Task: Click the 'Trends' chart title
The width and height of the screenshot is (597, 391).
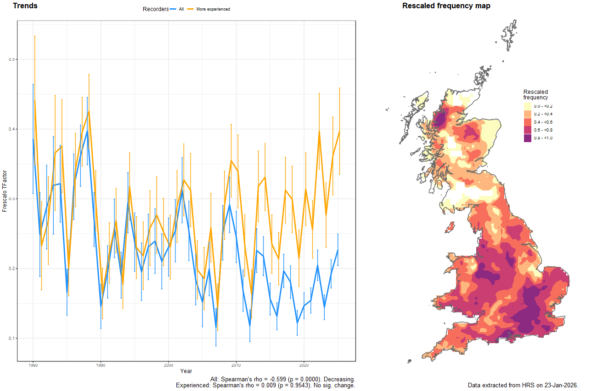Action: (25, 6)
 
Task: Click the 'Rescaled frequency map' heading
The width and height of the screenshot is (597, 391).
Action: (446, 6)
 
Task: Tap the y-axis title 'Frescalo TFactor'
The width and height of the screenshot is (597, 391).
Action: (5, 191)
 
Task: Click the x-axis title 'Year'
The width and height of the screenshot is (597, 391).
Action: (186, 371)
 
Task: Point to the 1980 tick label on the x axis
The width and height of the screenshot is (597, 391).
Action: (33, 365)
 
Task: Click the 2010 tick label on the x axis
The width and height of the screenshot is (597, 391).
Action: (236, 365)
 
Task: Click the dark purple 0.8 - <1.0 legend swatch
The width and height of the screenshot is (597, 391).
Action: (527, 138)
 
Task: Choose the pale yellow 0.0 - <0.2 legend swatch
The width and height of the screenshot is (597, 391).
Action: (527, 106)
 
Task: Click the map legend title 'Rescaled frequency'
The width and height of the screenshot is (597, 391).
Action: (535, 95)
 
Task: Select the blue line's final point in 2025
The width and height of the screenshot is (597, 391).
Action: (338, 250)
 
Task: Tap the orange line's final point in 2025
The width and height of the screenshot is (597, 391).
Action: (339, 132)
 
